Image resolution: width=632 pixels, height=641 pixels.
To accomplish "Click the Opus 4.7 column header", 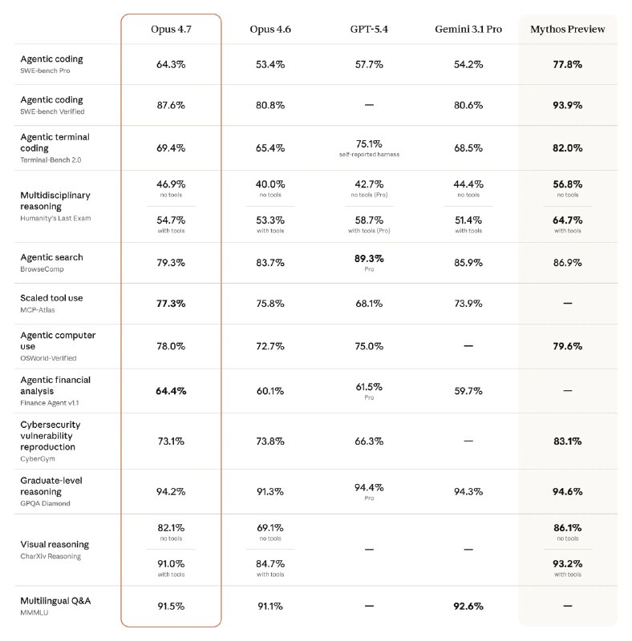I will point(171,29).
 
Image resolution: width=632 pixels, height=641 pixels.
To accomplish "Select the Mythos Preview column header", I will point(568,29).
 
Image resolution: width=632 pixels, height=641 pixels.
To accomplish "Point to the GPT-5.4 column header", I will point(369,29).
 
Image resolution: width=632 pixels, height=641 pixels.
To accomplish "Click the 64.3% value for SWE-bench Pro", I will point(171,64).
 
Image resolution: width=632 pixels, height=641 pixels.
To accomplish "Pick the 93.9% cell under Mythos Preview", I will point(568,105).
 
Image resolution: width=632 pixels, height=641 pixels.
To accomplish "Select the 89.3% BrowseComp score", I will point(369,259).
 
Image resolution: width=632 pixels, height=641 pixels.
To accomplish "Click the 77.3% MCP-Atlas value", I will point(171,304).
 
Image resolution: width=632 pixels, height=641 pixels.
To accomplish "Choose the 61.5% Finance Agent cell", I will point(369,386).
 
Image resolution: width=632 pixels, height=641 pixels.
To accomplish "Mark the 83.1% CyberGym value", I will point(568,441).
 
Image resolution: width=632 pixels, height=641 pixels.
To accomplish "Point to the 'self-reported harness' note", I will point(369,155).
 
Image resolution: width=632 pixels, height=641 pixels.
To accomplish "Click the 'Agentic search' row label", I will point(51,257).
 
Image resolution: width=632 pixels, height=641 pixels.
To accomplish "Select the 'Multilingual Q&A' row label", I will point(55,600).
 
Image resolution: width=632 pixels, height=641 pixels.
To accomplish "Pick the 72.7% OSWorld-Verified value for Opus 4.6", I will point(270,345).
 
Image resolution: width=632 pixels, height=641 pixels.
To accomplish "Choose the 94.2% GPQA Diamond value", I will point(171,491).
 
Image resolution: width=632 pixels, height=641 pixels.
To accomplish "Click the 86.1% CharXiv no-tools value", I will point(568,528).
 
